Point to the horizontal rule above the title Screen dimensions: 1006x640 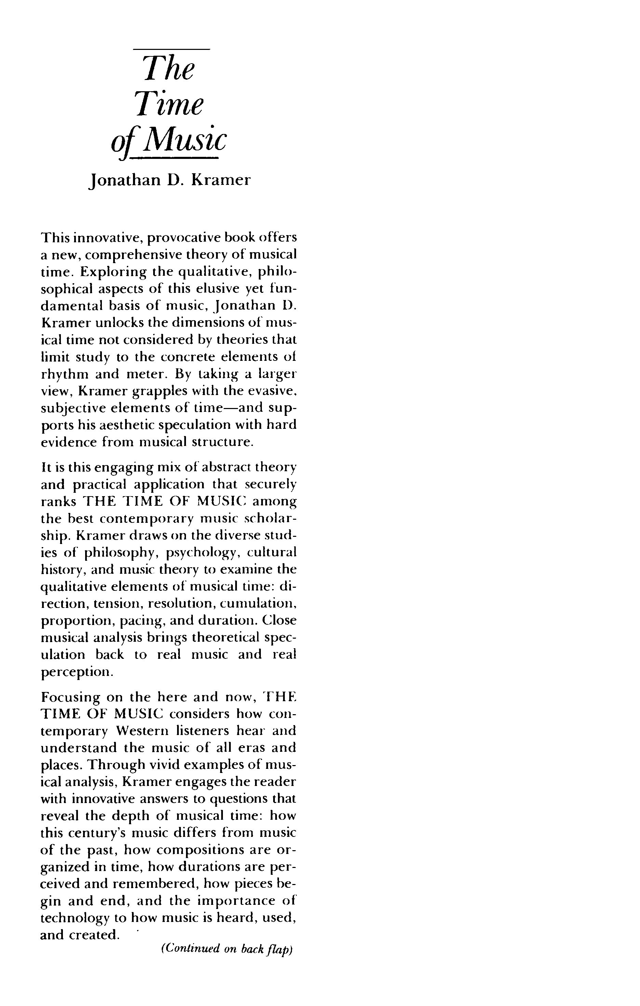[x=171, y=50]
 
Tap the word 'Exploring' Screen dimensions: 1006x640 [x=113, y=272]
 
